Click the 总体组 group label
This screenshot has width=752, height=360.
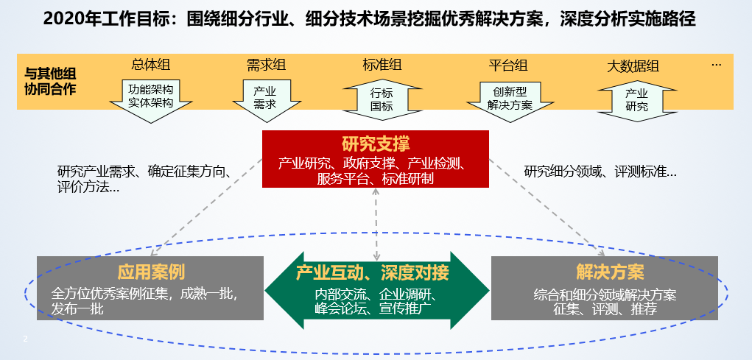click(x=150, y=65)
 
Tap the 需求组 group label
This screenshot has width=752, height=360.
click(x=267, y=65)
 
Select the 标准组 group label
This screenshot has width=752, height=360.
click(x=382, y=65)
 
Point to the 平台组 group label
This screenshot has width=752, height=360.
click(x=508, y=65)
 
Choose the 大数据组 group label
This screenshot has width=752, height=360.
click(x=633, y=66)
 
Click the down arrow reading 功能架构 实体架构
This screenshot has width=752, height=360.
click(x=150, y=97)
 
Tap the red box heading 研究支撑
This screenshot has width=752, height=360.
click(x=376, y=143)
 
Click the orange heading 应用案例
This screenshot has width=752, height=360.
click(x=150, y=272)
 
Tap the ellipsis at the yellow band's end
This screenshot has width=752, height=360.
click(x=716, y=65)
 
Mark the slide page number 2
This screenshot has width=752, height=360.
click(x=26, y=339)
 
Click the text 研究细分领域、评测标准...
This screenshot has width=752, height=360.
click(x=600, y=172)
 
